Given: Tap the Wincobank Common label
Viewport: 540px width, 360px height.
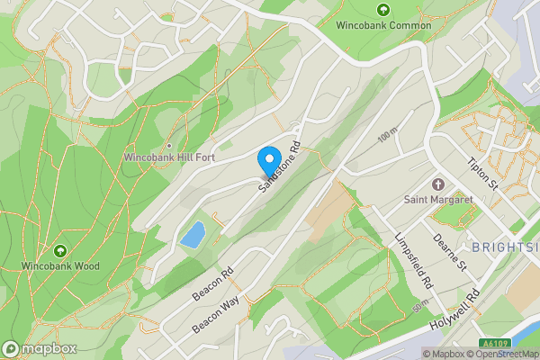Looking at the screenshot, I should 383,26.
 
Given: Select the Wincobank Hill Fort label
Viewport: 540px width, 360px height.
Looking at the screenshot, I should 168,158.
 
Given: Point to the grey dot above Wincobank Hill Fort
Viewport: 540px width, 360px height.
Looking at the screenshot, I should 168,146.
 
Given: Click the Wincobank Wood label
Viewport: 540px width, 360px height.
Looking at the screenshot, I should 61,266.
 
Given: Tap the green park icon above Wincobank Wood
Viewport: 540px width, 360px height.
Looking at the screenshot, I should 60,250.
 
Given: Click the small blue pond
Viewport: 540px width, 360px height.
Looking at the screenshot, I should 192,236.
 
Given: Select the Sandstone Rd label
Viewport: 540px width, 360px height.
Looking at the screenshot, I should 280,168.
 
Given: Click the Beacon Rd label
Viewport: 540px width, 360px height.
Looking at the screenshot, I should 212,283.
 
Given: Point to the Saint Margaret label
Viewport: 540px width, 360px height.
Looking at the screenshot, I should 439,199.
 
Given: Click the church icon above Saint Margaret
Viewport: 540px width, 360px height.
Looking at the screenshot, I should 439,184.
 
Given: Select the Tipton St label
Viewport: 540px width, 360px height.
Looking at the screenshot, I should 483,172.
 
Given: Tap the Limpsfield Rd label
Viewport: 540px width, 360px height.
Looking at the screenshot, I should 415,260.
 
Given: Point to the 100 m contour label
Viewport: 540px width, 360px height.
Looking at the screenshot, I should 387,137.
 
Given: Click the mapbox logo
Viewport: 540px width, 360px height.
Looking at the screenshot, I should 38,348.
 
